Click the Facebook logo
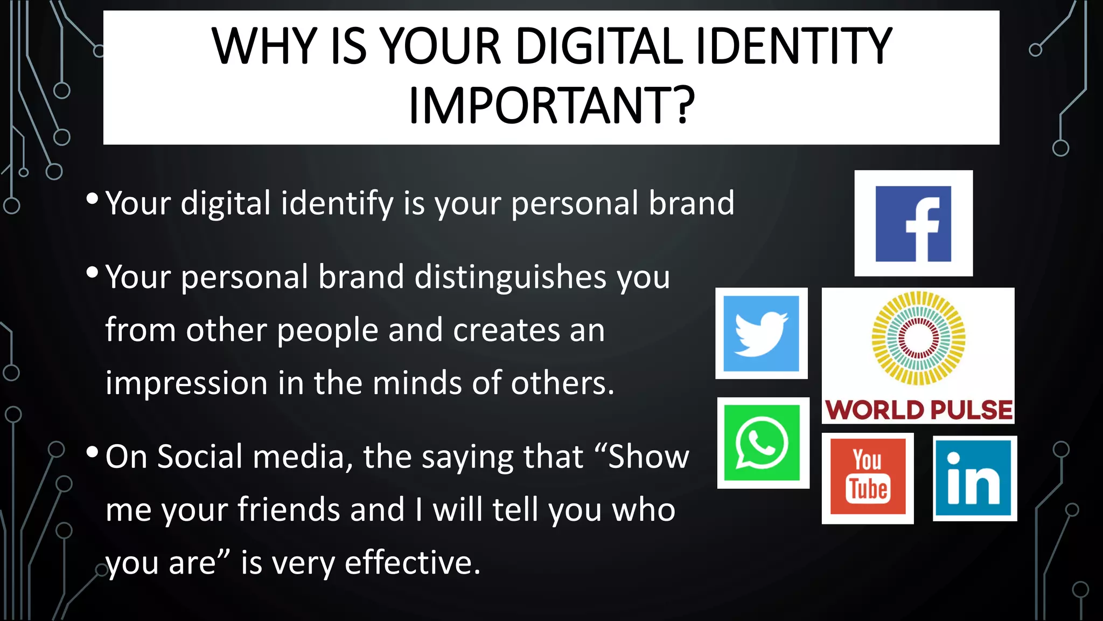click(913, 224)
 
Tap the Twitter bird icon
click(761, 334)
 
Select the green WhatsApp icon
click(763, 443)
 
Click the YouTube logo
click(868, 477)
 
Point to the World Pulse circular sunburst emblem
click(919, 338)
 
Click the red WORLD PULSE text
click(919, 410)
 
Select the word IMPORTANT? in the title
click(551, 106)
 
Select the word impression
click(186, 384)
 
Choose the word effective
click(412, 563)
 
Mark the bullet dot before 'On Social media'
click(92, 452)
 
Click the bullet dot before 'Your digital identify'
click(92, 199)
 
